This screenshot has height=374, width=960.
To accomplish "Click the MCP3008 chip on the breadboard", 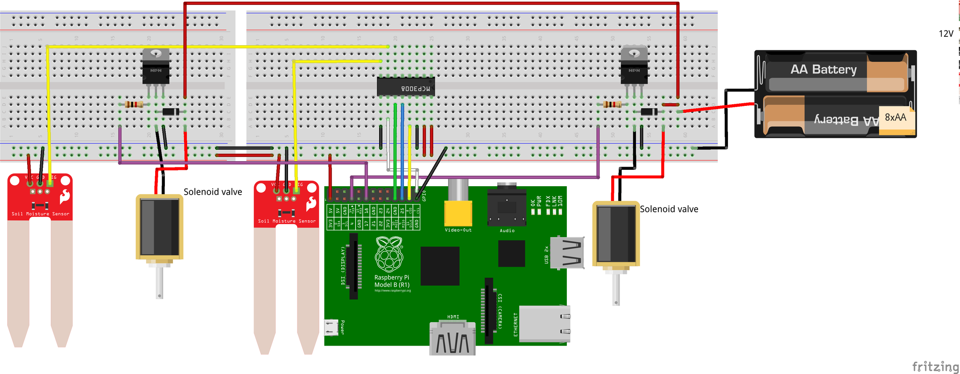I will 406,87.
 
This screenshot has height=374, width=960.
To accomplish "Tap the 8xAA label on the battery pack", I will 895,117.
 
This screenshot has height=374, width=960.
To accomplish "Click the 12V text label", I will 946,34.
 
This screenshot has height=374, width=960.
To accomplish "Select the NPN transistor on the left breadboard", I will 156,67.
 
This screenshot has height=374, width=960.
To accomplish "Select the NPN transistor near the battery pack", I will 634,67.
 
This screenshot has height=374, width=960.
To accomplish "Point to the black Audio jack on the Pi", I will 506,208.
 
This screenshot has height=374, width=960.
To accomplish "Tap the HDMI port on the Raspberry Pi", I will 453,340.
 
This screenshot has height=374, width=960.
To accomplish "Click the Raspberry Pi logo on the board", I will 389,254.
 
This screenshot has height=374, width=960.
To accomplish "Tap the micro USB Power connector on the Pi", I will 331,327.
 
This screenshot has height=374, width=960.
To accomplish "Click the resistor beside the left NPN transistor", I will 134,105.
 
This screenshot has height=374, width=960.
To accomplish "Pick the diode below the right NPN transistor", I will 649,112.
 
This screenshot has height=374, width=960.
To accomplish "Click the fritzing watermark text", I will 935,366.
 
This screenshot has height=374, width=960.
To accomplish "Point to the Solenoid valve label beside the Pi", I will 669,209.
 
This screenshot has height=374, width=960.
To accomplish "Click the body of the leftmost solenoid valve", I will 159,227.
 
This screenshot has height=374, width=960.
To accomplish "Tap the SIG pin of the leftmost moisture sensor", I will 50,183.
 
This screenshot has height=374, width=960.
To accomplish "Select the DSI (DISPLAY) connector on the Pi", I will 354,266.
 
